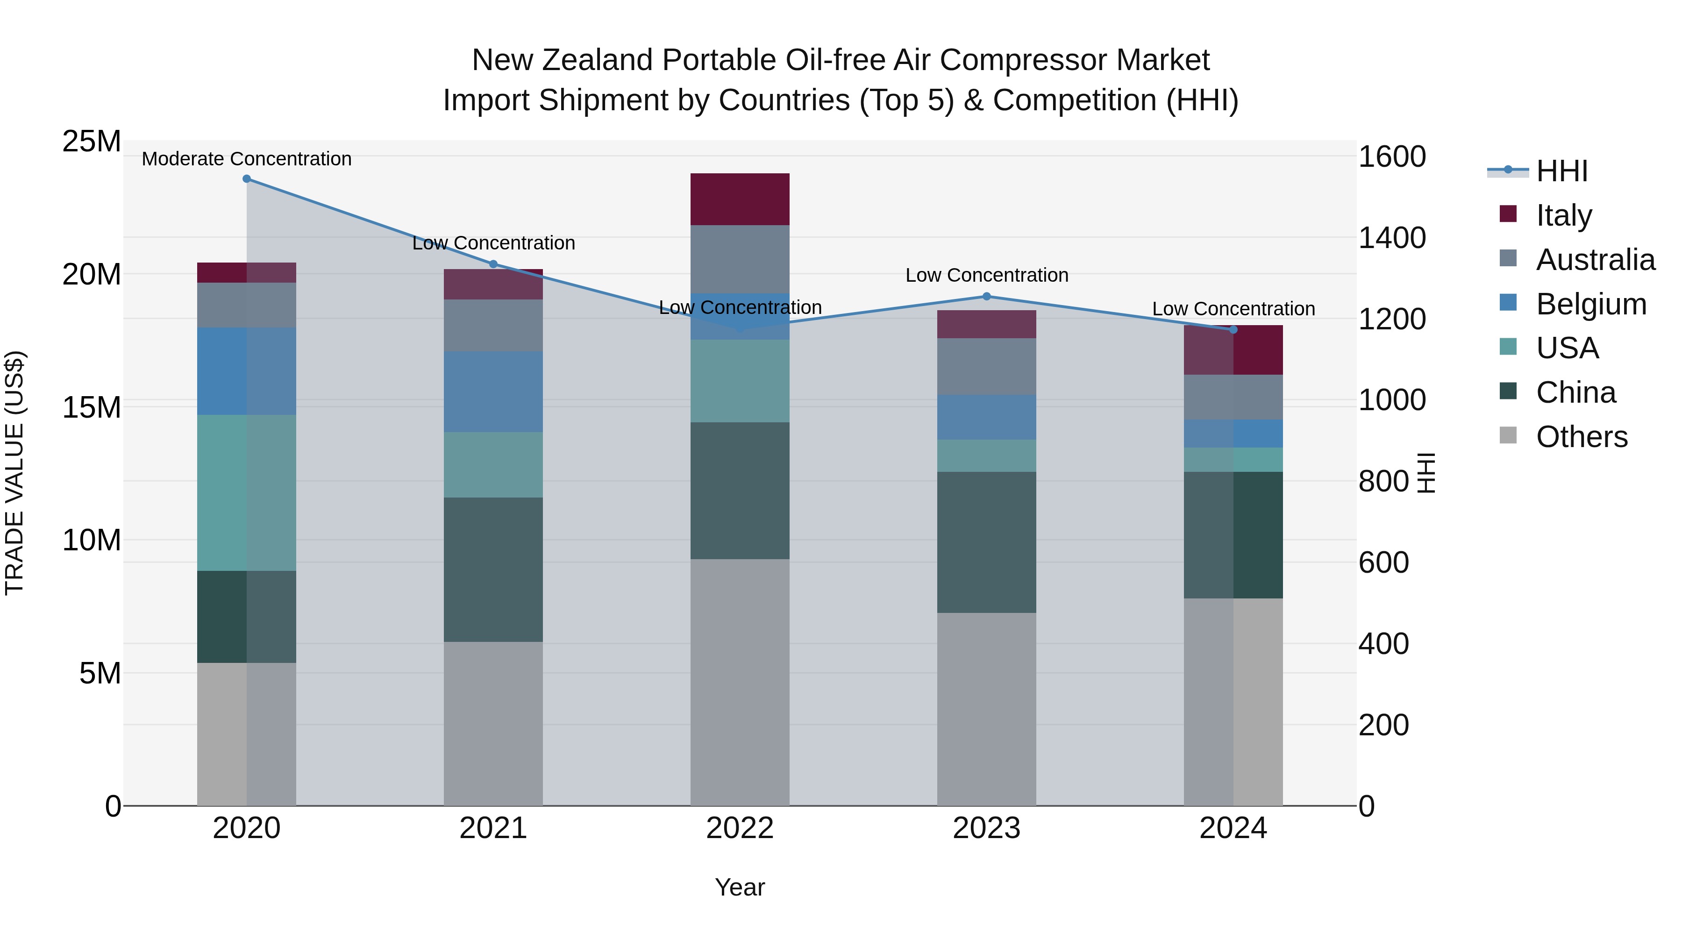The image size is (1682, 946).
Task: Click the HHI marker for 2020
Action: [247, 179]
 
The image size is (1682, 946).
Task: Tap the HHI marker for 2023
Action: [987, 296]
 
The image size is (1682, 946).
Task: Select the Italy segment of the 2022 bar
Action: [740, 199]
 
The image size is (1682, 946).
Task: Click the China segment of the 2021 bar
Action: [493, 569]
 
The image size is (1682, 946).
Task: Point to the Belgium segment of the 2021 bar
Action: [493, 392]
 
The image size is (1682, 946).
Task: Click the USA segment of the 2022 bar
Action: [740, 381]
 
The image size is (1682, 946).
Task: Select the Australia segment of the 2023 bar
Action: [987, 366]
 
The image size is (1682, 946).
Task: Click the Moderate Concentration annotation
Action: [247, 159]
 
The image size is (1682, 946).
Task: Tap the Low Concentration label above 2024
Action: [1233, 309]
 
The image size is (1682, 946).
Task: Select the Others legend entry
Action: [1582, 437]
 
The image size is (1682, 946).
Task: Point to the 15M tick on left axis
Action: [92, 407]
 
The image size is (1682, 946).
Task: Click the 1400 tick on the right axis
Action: [1391, 238]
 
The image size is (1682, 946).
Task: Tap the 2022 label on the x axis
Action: [740, 828]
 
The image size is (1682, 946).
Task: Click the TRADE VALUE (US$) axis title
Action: [14, 473]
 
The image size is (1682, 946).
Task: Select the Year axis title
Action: [740, 887]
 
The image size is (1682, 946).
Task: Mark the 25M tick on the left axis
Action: [92, 142]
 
